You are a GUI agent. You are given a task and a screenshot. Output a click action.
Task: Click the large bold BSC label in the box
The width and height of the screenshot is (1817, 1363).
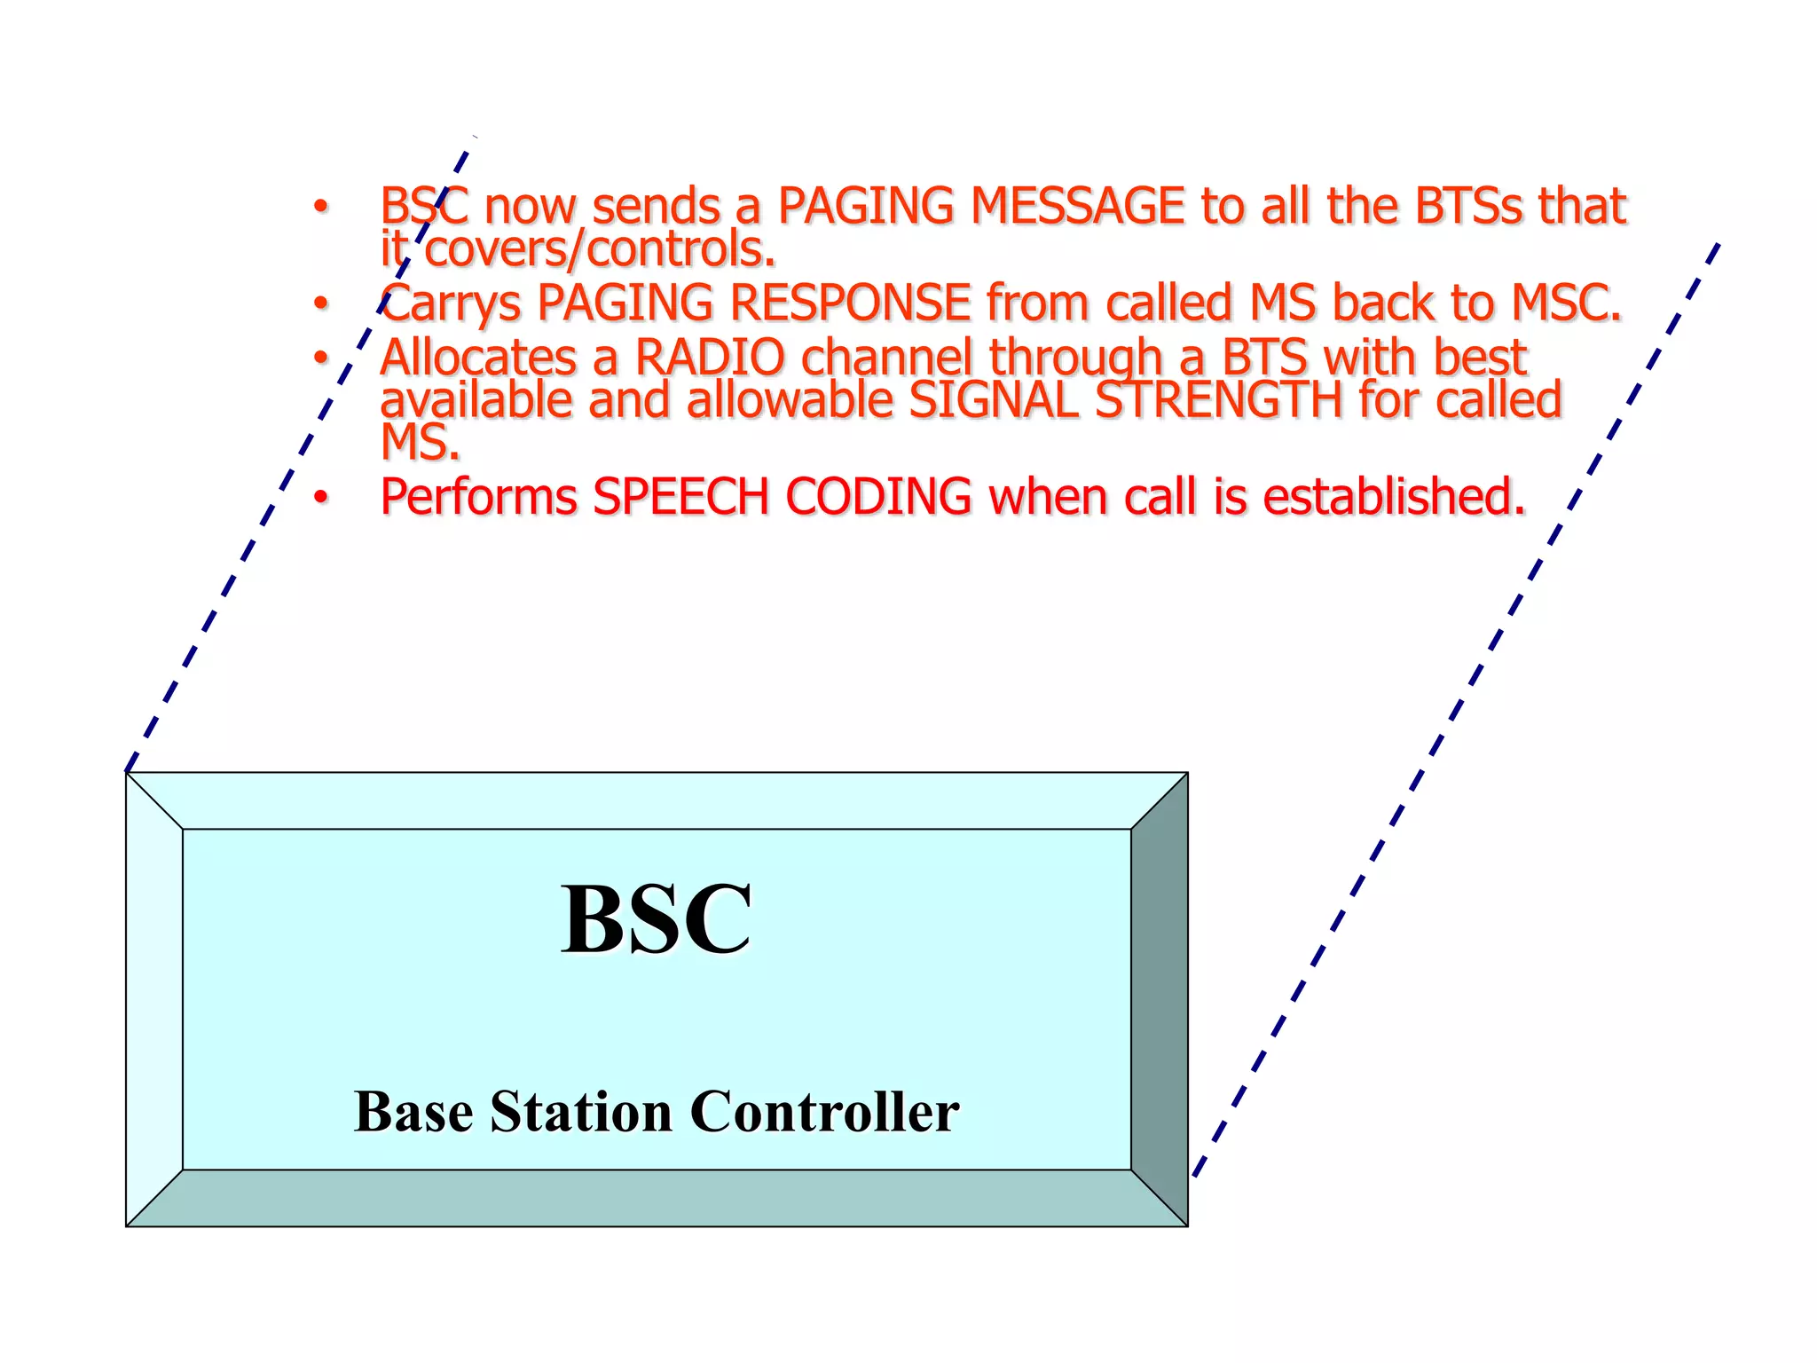pyautogui.click(x=657, y=919)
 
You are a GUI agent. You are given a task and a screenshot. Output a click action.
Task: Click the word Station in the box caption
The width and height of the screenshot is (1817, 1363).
pyautogui.click(x=581, y=1112)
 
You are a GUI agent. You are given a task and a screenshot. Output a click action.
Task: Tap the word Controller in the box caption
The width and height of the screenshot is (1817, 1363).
pyautogui.click(x=824, y=1112)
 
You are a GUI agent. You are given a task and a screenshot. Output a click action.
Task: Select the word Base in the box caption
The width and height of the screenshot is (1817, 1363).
pyautogui.click(x=413, y=1112)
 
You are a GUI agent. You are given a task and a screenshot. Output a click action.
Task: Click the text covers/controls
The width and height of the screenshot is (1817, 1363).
pyautogui.click(x=600, y=249)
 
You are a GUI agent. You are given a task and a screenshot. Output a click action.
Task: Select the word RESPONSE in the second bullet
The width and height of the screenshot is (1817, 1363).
pyautogui.click(x=849, y=303)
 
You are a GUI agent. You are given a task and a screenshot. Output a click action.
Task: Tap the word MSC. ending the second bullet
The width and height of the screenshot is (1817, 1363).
pyautogui.click(x=1566, y=303)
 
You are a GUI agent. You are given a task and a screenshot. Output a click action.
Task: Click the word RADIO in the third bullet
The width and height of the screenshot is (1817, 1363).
pyautogui.click(x=710, y=358)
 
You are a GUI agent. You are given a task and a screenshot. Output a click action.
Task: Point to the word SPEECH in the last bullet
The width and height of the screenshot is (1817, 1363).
pyautogui.click(x=680, y=497)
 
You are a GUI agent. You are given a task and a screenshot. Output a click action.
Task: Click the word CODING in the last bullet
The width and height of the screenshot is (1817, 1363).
pyautogui.click(x=878, y=497)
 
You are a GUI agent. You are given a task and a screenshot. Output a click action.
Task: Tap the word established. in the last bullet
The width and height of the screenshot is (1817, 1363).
pyautogui.click(x=1394, y=497)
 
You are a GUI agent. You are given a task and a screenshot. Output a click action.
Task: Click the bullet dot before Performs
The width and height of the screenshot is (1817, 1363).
pyautogui.click(x=320, y=497)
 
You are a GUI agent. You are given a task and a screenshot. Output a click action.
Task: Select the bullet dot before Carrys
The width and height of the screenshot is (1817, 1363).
pyautogui.click(x=320, y=303)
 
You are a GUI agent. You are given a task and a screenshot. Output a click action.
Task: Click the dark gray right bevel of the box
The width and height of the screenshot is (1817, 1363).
pyautogui.click(x=1160, y=998)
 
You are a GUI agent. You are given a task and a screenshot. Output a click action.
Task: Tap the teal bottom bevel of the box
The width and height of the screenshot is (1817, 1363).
pyautogui.click(x=657, y=1199)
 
